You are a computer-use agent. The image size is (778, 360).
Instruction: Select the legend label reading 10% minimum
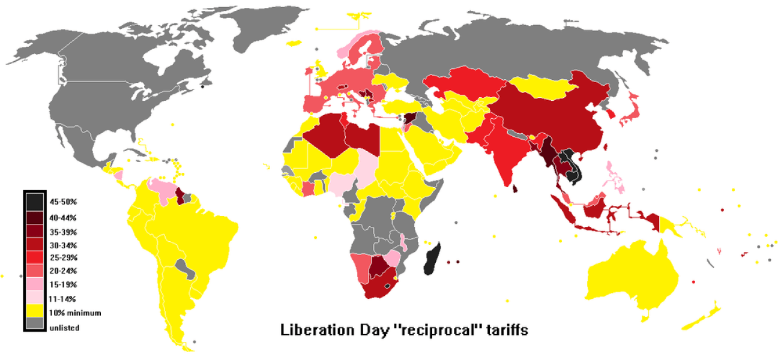75,313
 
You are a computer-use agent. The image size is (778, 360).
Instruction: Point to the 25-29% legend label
64,257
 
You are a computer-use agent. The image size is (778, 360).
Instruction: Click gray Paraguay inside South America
187,269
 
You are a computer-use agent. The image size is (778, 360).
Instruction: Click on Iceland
294,43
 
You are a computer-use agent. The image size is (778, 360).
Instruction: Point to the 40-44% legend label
64,217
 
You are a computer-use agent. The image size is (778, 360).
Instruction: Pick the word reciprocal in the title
420,331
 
